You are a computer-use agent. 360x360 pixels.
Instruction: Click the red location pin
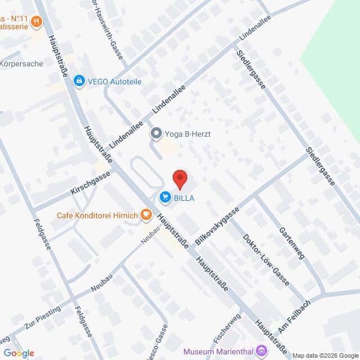pos(179,179)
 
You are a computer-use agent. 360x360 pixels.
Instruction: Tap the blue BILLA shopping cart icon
pos(165,197)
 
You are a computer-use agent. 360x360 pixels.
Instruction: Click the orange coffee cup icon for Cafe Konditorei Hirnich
pos(146,214)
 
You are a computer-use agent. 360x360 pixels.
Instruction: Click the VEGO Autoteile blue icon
pos(79,82)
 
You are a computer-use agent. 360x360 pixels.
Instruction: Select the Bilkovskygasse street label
pos(217,226)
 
